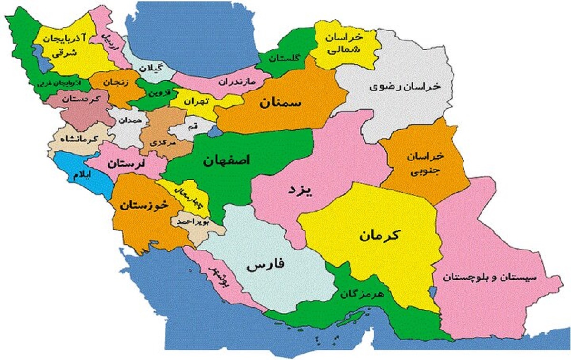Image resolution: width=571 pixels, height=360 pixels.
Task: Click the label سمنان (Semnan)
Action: [x=281, y=103]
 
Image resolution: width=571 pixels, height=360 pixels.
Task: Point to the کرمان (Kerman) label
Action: [x=380, y=234]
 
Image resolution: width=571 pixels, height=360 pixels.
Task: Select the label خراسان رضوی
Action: [x=405, y=87]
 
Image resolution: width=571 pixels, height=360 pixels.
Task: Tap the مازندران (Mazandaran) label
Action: [x=237, y=81]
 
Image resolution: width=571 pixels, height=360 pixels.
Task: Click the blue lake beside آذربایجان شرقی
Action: [x=42, y=59]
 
